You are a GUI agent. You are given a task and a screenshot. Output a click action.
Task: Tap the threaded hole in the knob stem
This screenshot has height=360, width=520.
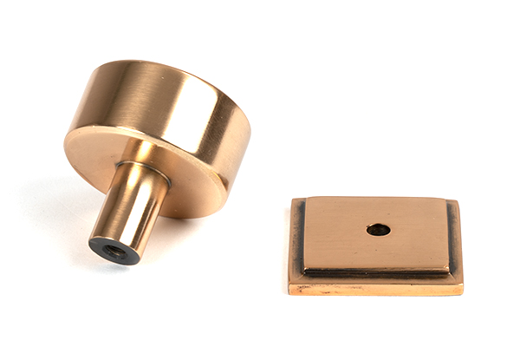coord(113,251)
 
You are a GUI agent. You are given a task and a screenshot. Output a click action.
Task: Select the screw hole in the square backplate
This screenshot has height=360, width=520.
coord(378,230)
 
